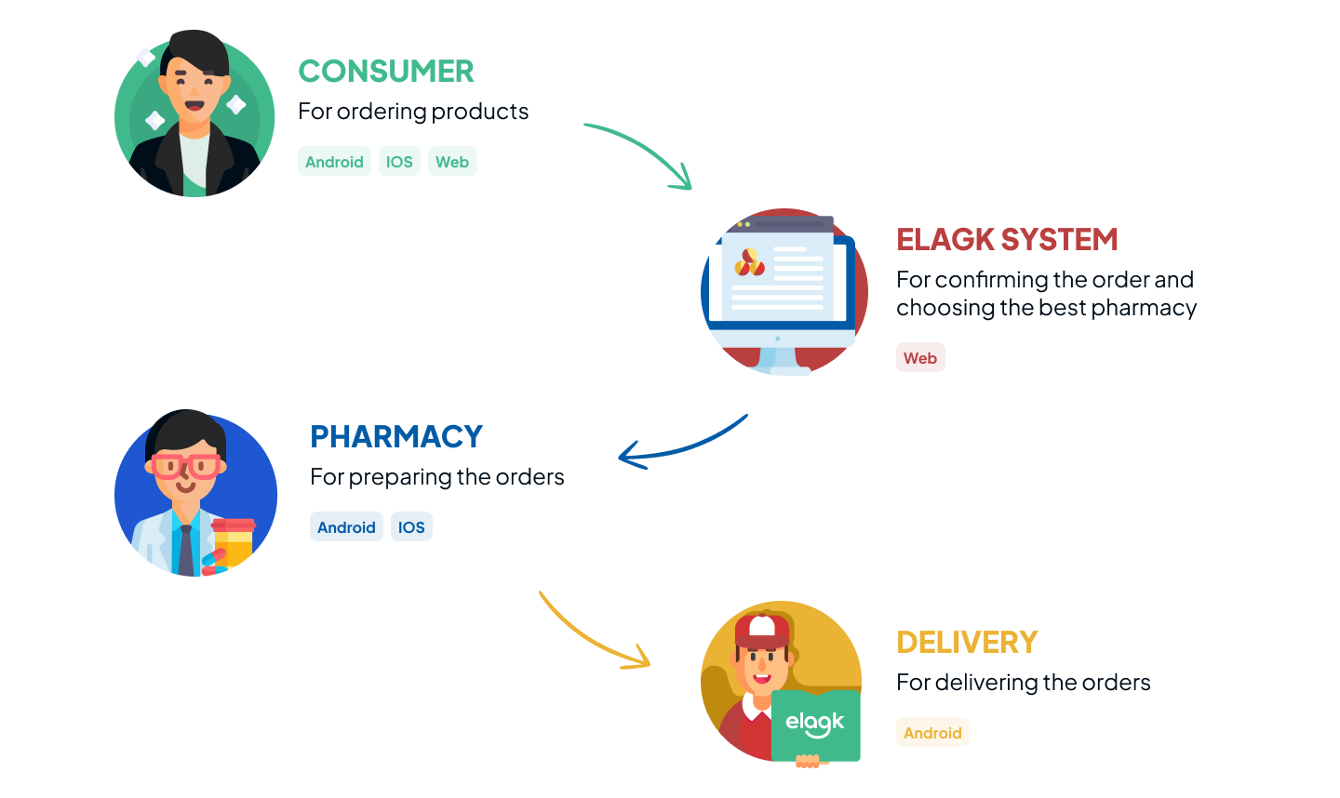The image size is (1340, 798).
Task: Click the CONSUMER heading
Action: tap(385, 72)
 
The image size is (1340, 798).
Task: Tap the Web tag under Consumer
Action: tap(452, 162)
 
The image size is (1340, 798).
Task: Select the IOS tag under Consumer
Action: tap(399, 162)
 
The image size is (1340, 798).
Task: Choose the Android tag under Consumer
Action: tap(334, 162)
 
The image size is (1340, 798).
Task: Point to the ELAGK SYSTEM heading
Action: tap(1007, 240)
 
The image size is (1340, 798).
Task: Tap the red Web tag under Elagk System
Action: tap(920, 358)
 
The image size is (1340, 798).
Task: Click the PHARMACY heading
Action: tap(395, 437)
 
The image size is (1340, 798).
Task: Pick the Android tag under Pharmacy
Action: tap(346, 527)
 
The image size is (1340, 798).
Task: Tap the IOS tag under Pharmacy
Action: tap(411, 527)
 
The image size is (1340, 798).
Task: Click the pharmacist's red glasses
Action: tap(186, 465)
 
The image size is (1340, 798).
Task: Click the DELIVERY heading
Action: tap(967, 643)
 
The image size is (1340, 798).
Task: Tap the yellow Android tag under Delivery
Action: tap(932, 733)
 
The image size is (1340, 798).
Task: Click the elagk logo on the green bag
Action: tap(815, 724)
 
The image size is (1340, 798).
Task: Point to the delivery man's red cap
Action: tap(761, 632)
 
